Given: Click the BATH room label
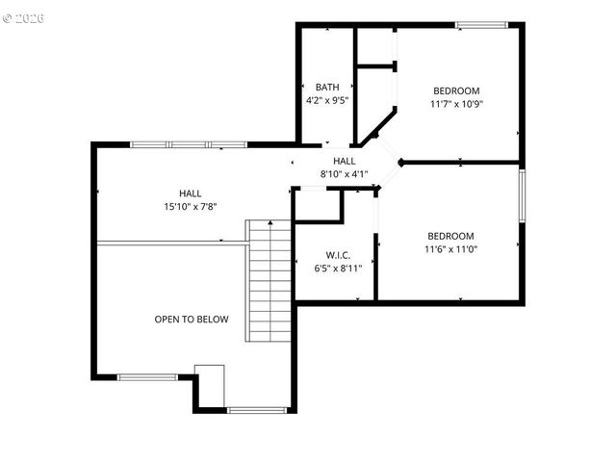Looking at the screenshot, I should pyautogui.click(x=326, y=87).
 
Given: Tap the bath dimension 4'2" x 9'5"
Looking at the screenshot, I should pyautogui.click(x=326, y=99).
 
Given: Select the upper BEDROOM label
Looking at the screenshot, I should pyautogui.click(x=456, y=90).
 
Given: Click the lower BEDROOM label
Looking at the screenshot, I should pyautogui.click(x=449, y=236).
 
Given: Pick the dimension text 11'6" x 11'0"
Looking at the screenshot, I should pyautogui.click(x=449, y=249).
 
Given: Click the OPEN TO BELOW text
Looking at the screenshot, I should pyautogui.click(x=192, y=319).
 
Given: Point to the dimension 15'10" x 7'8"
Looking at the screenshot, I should pyautogui.click(x=190, y=206).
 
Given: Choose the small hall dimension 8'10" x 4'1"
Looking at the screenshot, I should pyautogui.click(x=345, y=174).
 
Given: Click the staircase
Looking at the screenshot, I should pyautogui.click(x=269, y=280).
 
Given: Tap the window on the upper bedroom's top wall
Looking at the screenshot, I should pyautogui.click(x=481, y=25).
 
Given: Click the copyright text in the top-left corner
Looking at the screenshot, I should pyautogui.click(x=24, y=18).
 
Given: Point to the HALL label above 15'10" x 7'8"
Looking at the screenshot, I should pyautogui.click(x=190, y=193).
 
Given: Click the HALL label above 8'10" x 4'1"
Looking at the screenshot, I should pyautogui.click(x=345, y=161).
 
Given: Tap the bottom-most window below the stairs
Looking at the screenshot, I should pyautogui.click(x=257, y=410).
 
